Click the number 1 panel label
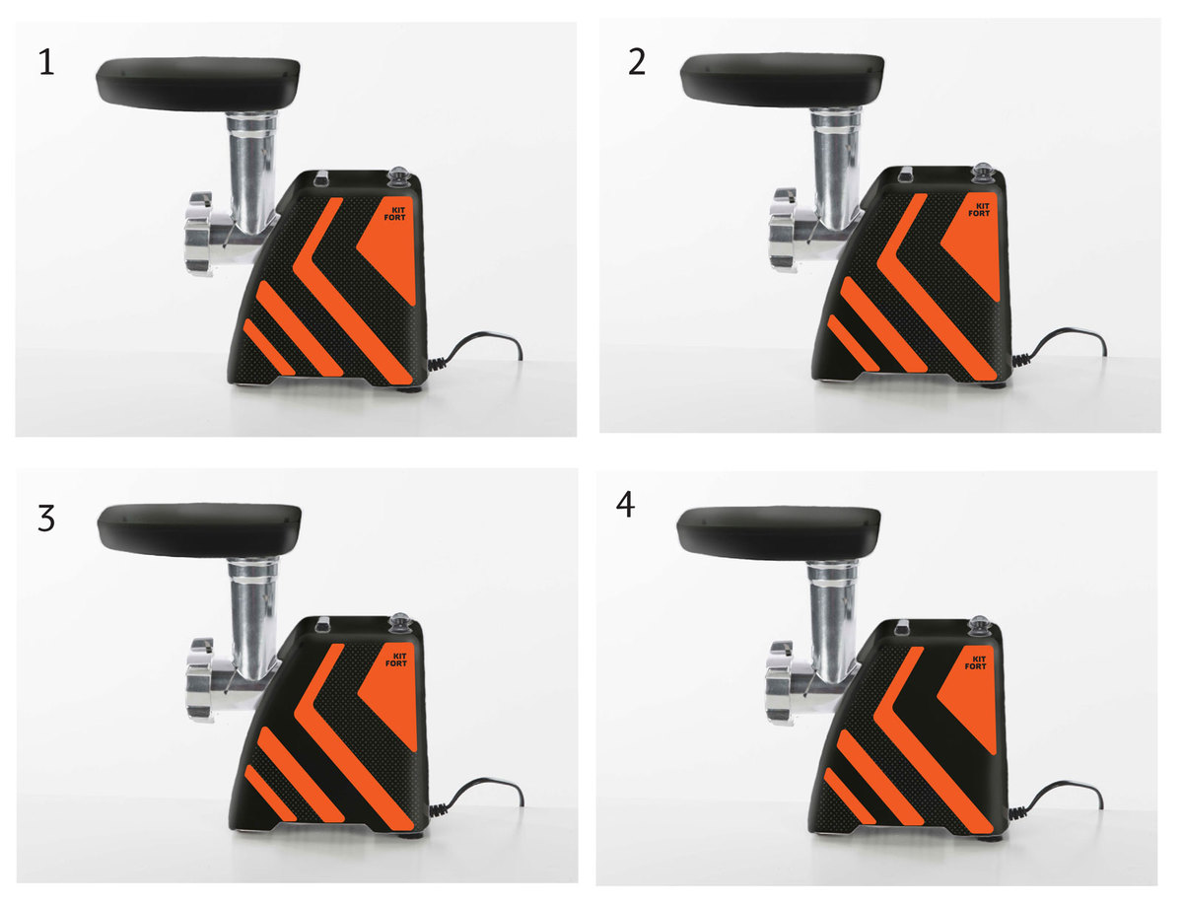click(x=46, y=62)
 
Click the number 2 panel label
click(x=637, y=62)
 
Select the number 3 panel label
click(x=46, y=519)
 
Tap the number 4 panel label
click(x=625, y=506)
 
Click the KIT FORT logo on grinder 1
click(x=394, y=214)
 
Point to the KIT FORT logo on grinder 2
click(x=979, y=210)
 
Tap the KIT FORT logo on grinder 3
click(x=396, y=660)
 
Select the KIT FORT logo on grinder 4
click(x=976, y=662)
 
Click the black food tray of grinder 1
click(x=198, y=84)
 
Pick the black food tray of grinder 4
click(x=778, y=533)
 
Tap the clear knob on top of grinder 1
click(x=399, y=177)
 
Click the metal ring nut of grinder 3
click(x=200, y=679)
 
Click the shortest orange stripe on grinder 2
click(x=853, y=343)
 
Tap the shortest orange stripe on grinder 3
click(x=270, y=793)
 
